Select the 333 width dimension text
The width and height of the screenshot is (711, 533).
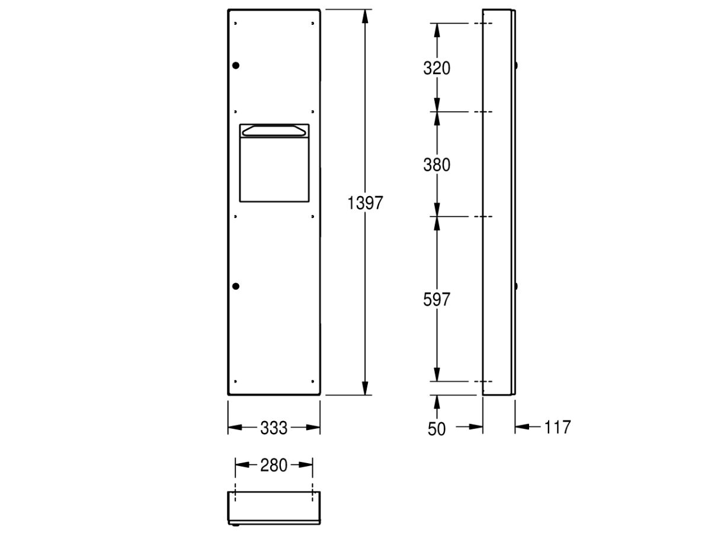click(x=274, y=428)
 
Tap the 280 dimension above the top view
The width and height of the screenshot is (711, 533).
click(x=274, y=465)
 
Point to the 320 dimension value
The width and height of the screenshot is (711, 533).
click(x=437, y=68)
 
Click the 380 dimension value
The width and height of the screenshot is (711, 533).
click(x=437, y=165)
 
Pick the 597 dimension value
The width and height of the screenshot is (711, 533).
click(x=437, y=299)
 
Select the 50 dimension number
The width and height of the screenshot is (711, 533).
click(x=437, y=429)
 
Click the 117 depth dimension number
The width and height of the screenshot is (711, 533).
click(x=556, y=426)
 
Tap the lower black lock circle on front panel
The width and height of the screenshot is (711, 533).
click(x=236, y=287)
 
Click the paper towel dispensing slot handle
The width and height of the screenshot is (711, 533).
click(x=274, y=130)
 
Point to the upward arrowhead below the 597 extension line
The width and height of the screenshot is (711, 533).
click(x=437, y=402)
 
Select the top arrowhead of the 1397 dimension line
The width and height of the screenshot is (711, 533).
click(x=365, y=17)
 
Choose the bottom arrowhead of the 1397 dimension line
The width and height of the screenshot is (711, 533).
click(x=365, y=387)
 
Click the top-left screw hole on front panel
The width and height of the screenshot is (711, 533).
click(x=236, y=24)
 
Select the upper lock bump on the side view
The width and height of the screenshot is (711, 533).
click(x=516, y=65)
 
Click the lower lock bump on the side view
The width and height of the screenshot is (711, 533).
click(x=516, y=287)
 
